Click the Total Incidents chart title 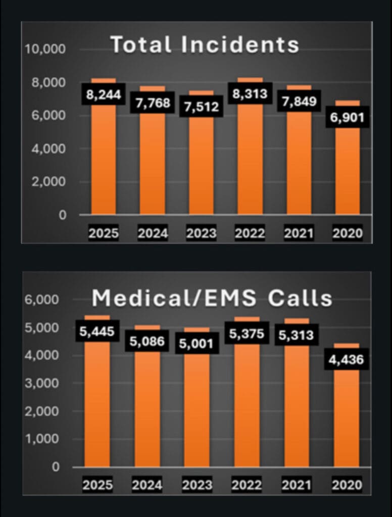coord(205,44)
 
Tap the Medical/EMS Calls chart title coord(212,298)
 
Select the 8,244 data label coord(104,95)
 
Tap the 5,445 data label coord(97,332)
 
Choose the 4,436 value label coord(347,360)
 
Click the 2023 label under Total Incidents coord(201,234)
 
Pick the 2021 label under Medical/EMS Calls coord(297,485)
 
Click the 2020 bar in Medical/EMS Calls coord(347,419)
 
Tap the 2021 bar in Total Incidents coord(299,167)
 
